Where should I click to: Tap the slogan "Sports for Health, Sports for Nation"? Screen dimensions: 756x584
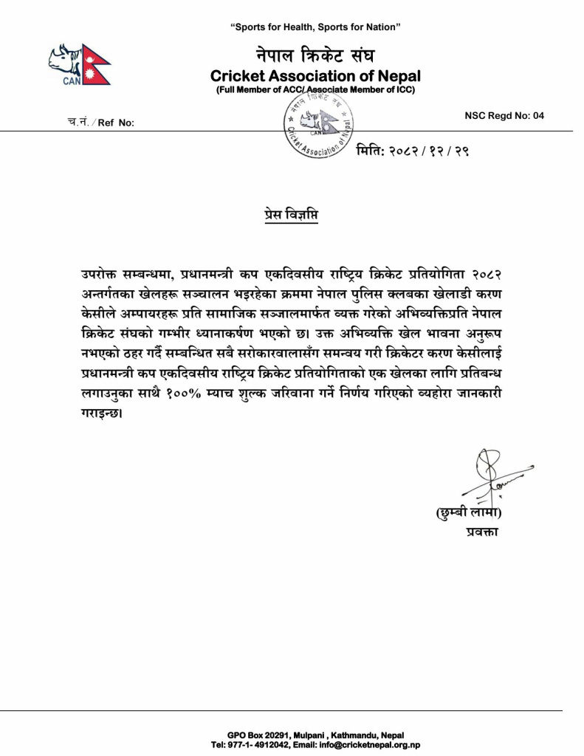pos(315,27)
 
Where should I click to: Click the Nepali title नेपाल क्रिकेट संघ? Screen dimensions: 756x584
pos(316,55)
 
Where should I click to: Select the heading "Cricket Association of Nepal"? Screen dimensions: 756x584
pos(315,76)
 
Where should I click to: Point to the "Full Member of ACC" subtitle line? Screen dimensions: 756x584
pos(315,90)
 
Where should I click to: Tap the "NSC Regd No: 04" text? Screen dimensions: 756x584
pos(504,115)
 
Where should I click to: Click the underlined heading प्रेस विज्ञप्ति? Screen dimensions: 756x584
pos(292,216)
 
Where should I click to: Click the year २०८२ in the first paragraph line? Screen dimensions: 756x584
pos(488,275)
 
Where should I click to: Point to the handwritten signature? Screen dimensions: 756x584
pos(487,475)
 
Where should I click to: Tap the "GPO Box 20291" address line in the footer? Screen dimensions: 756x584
pos(315,736)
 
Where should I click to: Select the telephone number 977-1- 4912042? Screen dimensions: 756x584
pos(263,745)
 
